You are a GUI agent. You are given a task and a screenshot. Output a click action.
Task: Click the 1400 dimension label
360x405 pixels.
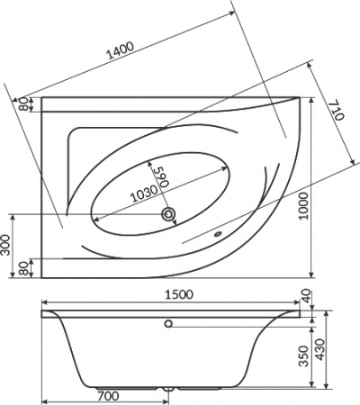pyautogui.click(x=120, y=50)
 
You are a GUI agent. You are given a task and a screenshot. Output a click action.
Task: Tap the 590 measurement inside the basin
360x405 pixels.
pyautogui.click(x=161, y=177)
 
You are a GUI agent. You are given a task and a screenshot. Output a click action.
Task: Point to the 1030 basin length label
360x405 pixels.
pyautogui.click(x=144, y=193)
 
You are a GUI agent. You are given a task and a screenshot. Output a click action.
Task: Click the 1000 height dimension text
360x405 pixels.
pyautogui.click(x=304, y=206)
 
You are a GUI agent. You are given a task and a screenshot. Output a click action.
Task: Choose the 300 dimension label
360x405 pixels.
pyautogui.click(x=5, y=245)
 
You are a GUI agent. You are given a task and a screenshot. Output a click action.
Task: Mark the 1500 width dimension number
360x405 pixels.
pyautogui.click(x=179, y=294)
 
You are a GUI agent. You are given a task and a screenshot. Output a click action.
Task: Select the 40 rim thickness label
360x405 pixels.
pyautogui.click(x=306, y=295)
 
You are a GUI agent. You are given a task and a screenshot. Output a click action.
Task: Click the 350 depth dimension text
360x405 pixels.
pyautogui.click(x=305, y=356)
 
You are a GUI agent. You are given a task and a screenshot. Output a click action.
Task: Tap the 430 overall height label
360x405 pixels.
pyautogui.click(x=320, y=349)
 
